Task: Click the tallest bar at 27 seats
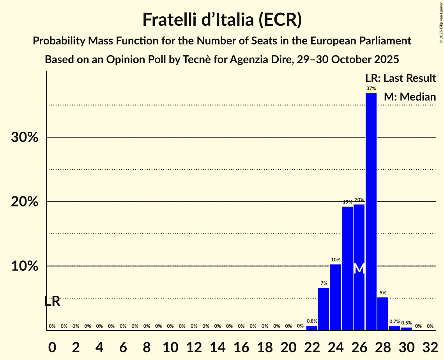[x=371, y=212]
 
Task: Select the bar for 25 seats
[x=347, y=268]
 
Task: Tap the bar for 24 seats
[x=336, y=297]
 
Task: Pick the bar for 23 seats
[x=324, y=309]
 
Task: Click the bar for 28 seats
[x=383, y=314]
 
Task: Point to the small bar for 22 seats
[x=312, y=328]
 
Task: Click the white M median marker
[x=359, y=269]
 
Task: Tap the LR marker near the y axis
[x=52, y=301]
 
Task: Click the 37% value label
[x=371, y=88]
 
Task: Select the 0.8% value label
[x=312, y=321]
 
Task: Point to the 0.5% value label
[x=406, y=323]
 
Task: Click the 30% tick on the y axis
[x=25, y=138]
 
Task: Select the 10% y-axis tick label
[x=25, y=266]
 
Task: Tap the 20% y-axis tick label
[x=25, y=202]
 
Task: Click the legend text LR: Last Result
[x=400, y=78]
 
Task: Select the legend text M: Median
[x=410, y=97]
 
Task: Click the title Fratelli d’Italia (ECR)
[x=222, y=20]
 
